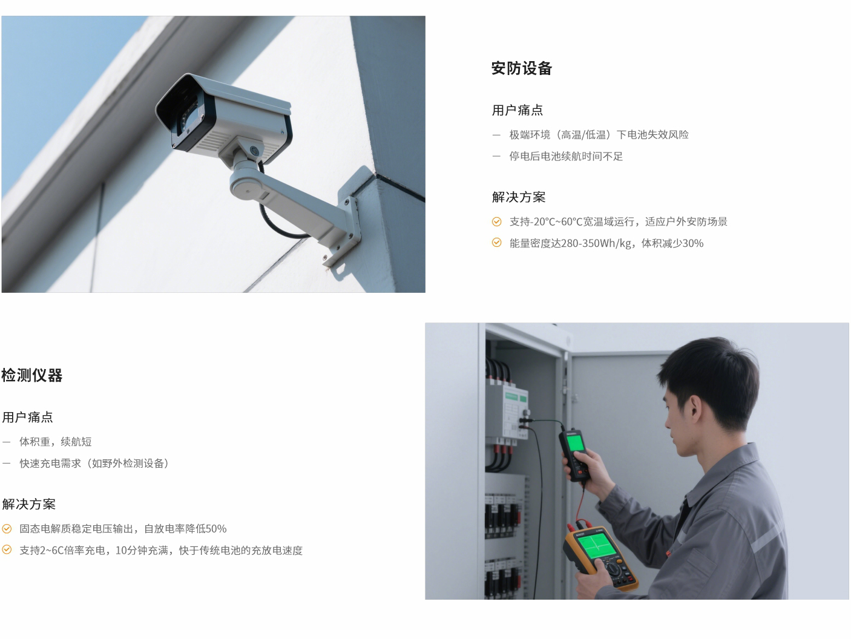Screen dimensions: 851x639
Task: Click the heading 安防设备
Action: pos(522,68)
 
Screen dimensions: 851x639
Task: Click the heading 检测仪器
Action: pos(32,375)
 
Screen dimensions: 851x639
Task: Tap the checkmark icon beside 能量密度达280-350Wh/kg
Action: pos(497,243)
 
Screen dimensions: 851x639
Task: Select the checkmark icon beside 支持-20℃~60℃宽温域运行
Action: pos(497,221)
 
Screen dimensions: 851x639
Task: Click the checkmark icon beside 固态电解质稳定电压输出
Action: pos(7,528)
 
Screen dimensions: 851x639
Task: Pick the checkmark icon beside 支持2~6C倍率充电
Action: pos(7,550)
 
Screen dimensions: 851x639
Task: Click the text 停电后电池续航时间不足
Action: pos(566,156)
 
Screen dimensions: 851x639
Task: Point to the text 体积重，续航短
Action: pos(56,442)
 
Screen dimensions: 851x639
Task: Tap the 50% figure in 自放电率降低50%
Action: pos(215,528)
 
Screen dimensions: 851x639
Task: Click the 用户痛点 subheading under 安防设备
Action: pos(517,111)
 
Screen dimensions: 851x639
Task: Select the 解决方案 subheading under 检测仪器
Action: pos(28,504)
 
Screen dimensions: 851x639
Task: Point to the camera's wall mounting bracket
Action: pos(349,217)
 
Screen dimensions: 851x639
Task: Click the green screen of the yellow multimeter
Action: pos(599,546)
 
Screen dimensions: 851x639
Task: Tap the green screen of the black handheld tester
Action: pos(575,442)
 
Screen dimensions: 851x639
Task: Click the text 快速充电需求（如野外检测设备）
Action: pos(94,464)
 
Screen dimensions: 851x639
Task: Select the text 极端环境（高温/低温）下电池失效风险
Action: pos(599,135)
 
